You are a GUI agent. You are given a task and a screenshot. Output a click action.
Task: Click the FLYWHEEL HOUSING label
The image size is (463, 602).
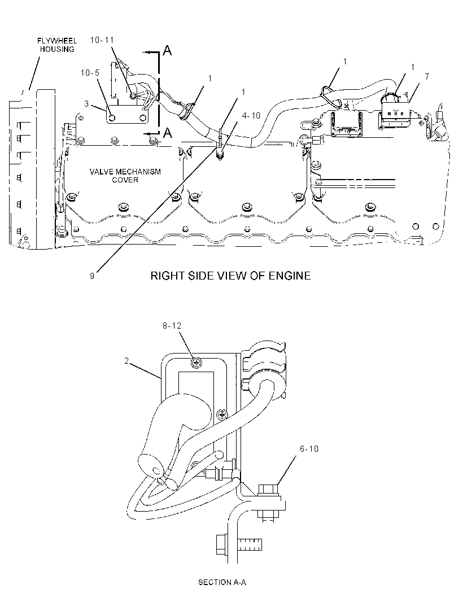point(57,45)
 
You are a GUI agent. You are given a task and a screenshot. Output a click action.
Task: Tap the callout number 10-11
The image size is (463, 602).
point(102,40)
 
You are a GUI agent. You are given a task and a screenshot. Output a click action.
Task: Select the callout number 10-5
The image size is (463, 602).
point(90,73)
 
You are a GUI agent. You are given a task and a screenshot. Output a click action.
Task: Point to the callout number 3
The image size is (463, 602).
point(86,104)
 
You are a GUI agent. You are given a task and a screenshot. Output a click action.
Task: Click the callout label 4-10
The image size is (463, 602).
point(251,116)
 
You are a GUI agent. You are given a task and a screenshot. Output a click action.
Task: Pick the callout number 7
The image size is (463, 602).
point(427,77)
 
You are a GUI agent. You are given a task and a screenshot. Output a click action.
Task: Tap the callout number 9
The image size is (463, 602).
point(92,276)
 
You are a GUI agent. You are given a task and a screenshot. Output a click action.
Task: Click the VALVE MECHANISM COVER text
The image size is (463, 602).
point(125,176)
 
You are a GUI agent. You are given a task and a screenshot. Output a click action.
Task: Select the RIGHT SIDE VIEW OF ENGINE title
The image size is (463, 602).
point(230,276)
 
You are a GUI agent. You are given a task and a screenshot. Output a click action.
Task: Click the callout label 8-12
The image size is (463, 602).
point(172,326)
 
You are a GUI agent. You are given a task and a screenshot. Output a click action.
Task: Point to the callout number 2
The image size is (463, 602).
point(126,361)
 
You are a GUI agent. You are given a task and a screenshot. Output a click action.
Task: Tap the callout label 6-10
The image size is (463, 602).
point(309,449)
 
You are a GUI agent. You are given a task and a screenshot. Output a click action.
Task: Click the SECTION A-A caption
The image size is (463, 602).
point(222,582)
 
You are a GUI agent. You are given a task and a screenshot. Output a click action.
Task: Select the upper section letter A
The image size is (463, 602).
point(167,50)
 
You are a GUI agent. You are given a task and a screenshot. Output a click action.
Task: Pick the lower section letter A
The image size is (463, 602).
point(167,133)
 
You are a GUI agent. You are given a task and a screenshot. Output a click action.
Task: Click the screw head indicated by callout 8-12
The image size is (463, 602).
point(196,362)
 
